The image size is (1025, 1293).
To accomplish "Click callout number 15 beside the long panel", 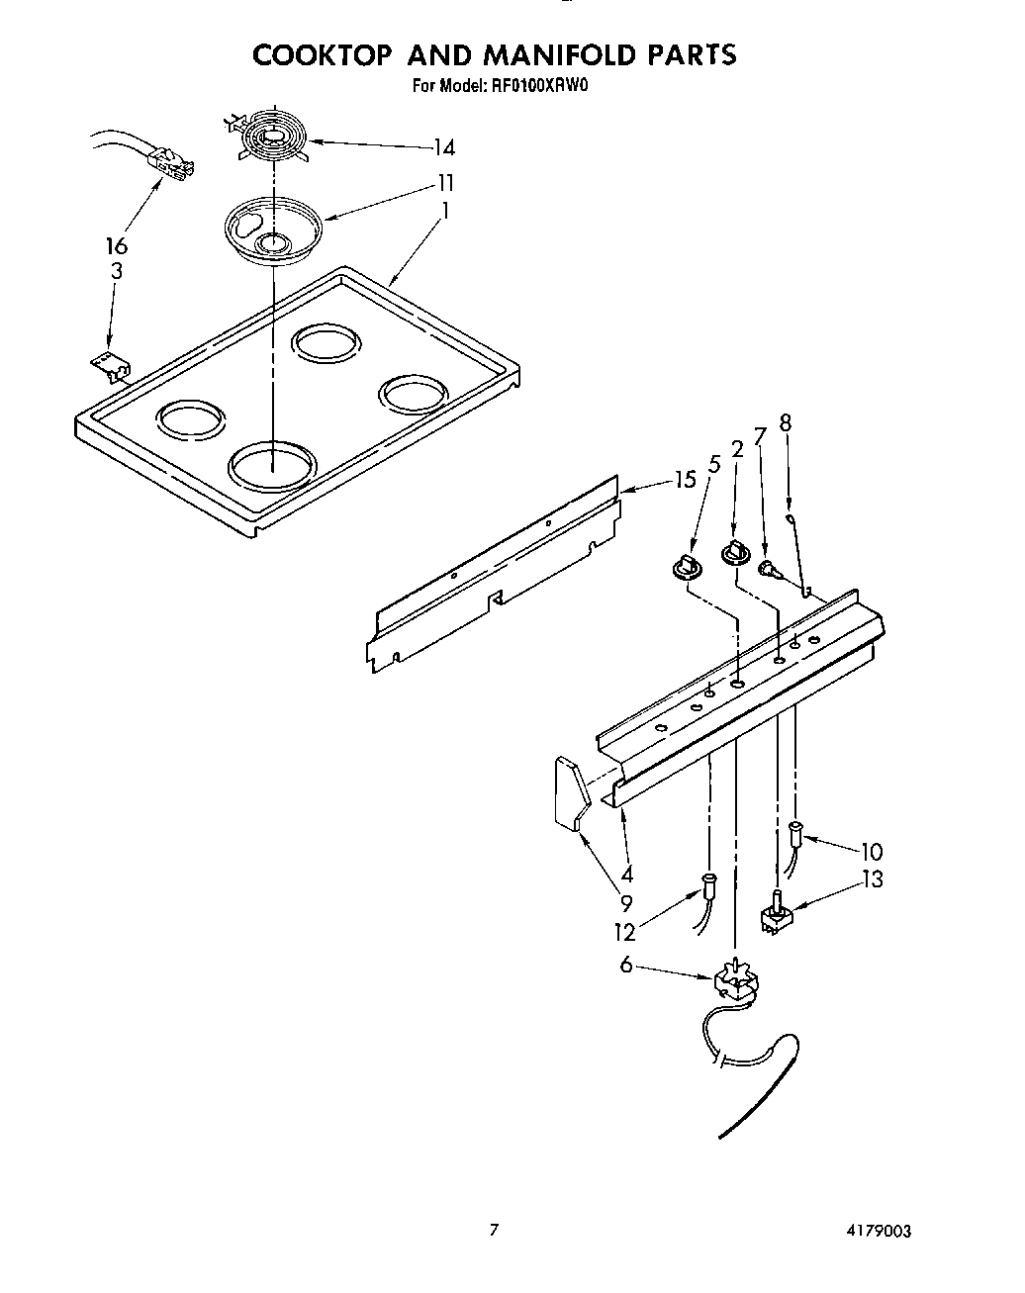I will tap(685, 481).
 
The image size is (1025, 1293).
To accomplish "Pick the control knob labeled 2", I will tap(736, 554).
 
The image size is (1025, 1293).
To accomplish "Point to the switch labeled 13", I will tap(777, 915).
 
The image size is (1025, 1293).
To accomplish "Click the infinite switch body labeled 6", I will tap(733, 981).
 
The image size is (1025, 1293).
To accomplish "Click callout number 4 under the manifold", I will tap(626, 874).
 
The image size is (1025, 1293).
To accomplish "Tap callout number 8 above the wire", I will tap(786, 422).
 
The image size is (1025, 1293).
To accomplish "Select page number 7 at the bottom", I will tap(494, 1231).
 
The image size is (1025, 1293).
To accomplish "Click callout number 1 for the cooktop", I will tap(446, 210).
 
